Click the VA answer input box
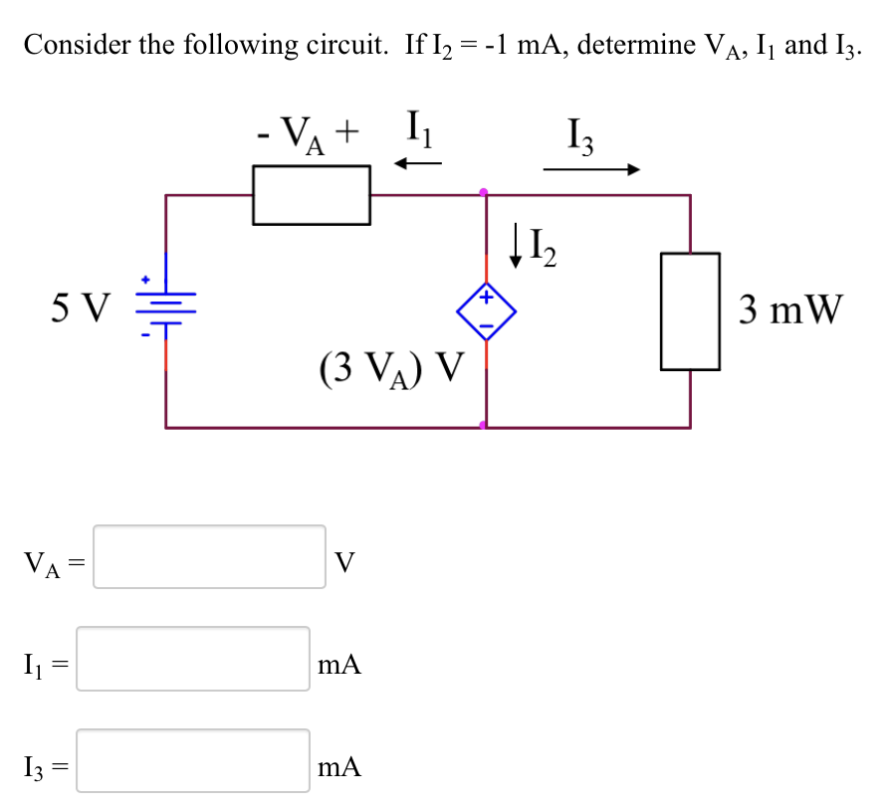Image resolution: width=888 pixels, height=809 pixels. coord(209,557)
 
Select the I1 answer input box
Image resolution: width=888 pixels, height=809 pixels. coord(193,659)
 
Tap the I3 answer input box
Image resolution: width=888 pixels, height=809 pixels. coord(193,761)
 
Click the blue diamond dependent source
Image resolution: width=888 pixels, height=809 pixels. coord(486,311)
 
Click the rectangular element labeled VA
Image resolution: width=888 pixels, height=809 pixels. coord(312,195)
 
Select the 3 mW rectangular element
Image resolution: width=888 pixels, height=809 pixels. coord(690,310)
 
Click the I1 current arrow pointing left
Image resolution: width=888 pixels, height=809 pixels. coord(418,164)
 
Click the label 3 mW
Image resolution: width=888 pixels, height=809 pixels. coord(791,310)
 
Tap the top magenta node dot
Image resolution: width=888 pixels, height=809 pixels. coord(485,191)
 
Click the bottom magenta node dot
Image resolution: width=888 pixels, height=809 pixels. coord(485,426)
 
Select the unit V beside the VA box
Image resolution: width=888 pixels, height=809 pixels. coord(344,563)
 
